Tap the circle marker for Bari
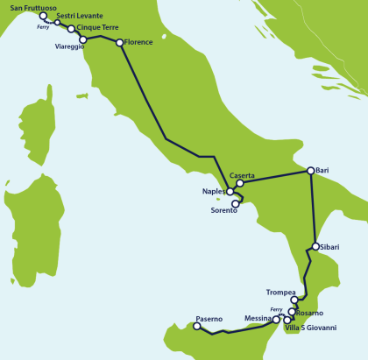coord(310,171)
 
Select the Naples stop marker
coord(230,191)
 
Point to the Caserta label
coord(242,175)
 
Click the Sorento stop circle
coord(235,203)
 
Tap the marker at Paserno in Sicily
coord(196,327)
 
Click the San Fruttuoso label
coord(34,7)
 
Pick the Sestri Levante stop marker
coord(57,23)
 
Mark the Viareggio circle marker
coord(83,39)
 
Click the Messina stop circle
coord(277,320)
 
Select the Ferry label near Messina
coord(276,310)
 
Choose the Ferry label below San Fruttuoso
coord(43,27)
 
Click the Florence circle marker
coord(119,41)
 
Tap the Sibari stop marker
coord(315,247)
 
